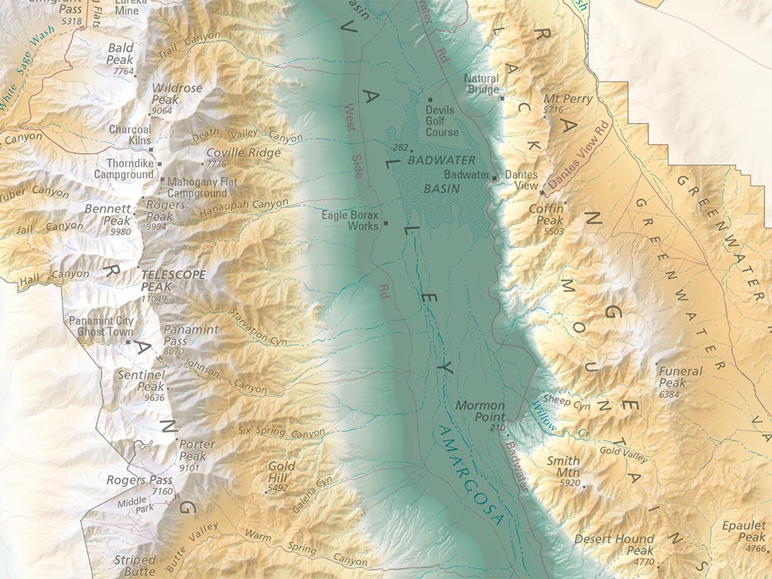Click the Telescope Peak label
(x=173, y=280)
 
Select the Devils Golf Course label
(x=441, y=121)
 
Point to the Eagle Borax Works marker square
(x=386, y=223)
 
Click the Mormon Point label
(x=479, y=411)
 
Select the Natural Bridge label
(x=481, y=84)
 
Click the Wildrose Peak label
(x=176, y=93)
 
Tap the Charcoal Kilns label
(x=130, y=134)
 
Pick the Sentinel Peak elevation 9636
(x=154, y=397)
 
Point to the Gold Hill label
(x=281, y=472)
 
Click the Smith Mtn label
(x=562, y=466)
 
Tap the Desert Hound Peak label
(x=614, y=545)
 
